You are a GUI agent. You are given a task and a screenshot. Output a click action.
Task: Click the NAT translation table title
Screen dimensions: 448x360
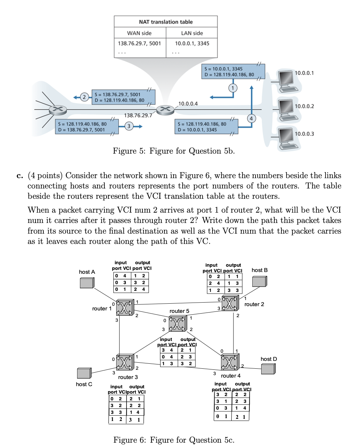pyautogui.click(x=166, y=22)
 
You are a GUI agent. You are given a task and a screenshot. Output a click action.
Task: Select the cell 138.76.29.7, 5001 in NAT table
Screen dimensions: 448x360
pyautogui.click(x=139, y=43)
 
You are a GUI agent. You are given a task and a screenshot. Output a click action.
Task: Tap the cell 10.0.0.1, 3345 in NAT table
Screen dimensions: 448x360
pyautogui.click(x=192, y=43)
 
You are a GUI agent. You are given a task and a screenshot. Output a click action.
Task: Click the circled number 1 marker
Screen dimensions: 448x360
pyautogui.click(x=233, y=87)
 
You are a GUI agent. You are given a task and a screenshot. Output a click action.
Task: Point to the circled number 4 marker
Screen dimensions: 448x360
pyautogui.click(x=252, y=118)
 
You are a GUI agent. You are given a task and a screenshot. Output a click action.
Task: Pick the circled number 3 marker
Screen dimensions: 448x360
pyautogui.click(x=129, y=126)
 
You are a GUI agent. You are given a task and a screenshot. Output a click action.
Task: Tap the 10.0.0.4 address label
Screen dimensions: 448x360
pyautogui.click(x=188, y=104)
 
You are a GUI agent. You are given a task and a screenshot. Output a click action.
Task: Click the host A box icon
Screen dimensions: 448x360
pyautogui.click(x=87, y=283)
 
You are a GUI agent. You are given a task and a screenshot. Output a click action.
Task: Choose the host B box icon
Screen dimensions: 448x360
pyautogui.click(x=259, y=281)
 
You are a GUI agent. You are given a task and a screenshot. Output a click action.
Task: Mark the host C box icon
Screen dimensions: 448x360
pyautogui.click(x=84, y=373)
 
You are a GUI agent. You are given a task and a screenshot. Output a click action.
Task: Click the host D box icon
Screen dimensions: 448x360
pyautogui.click(x=268, y=369)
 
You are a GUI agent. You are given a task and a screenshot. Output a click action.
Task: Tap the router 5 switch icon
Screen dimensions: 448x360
pyautogui.click(x=177, y=324)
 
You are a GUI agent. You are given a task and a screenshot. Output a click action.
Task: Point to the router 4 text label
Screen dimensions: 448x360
pyautogui.click(x=231, y=376)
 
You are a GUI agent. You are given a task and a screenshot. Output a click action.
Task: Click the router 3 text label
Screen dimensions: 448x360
pyautogui.click(x=128, y=377)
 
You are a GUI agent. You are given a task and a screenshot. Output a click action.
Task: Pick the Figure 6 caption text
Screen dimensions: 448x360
pyautogui.click(x=174, y=440)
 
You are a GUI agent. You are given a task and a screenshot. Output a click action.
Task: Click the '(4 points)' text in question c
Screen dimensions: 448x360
pyautogui.click(x=45, y=176)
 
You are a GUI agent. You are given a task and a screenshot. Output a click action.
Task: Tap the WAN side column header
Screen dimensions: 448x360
pyautogui.click(x=139, y=33)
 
